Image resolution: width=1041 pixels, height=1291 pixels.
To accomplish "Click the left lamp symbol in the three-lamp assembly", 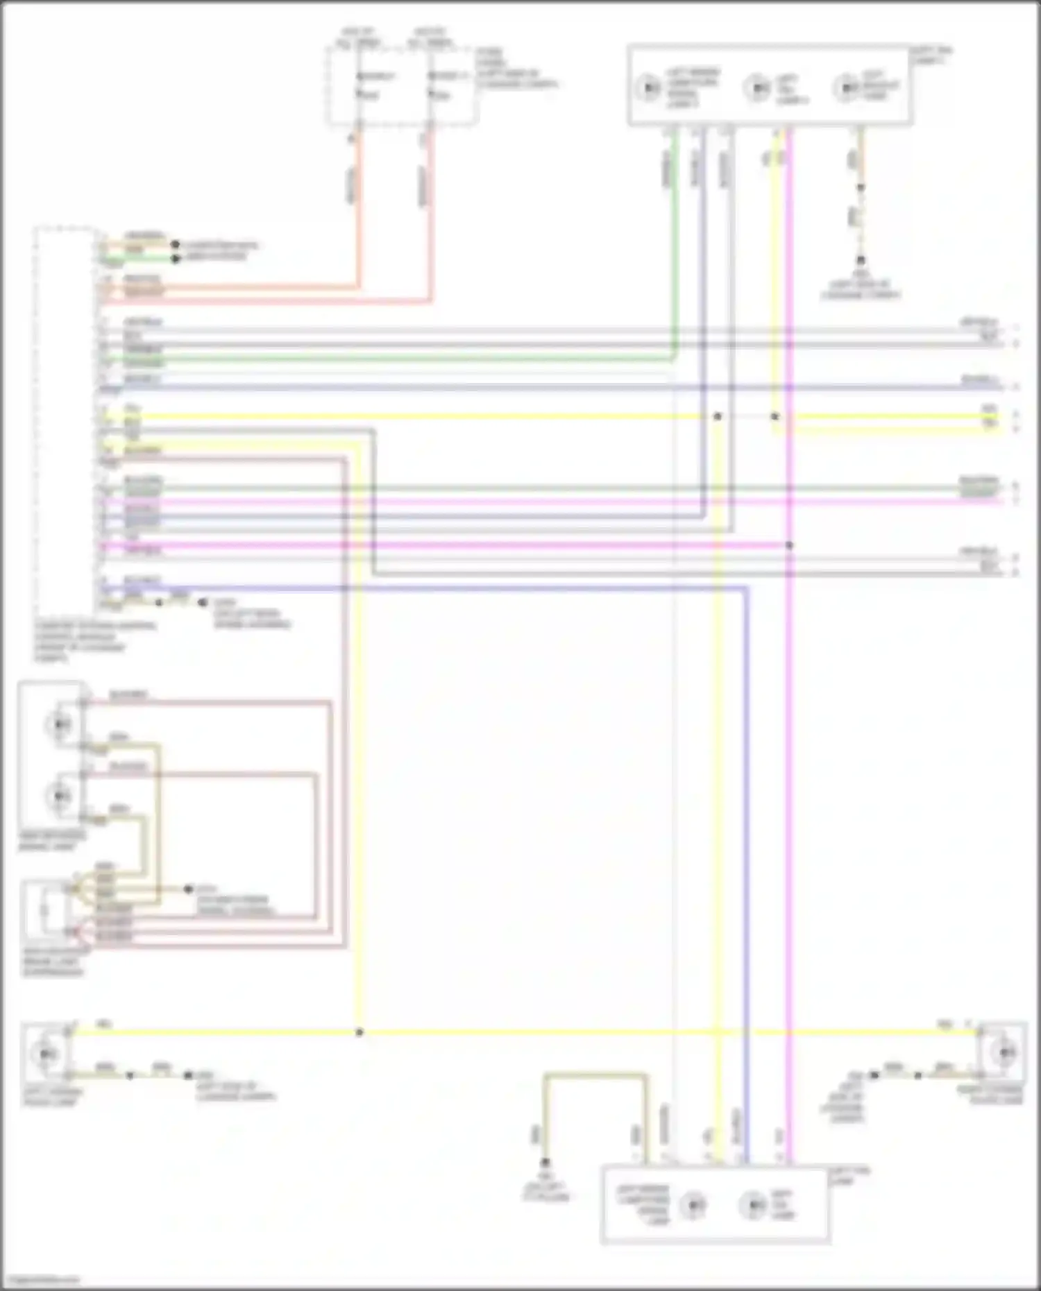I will (x=649, y=88).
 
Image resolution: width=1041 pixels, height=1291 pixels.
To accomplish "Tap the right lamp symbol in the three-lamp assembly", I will (x=846, y=88).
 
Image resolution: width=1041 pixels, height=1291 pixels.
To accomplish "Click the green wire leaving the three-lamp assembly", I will (x=672, y=243).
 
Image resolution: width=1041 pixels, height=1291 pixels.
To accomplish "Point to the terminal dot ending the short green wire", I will (x=176, y=258).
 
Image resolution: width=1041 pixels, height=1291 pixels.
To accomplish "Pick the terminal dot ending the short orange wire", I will (x=176, y=245).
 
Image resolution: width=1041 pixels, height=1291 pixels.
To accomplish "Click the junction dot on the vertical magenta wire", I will (x=789, y=545).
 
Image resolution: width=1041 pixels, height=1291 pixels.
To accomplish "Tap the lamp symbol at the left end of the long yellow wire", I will (x=45, y=1053).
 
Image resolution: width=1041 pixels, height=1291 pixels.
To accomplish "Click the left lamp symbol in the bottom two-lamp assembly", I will (x=693, y=1205).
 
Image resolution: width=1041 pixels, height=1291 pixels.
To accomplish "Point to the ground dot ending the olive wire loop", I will (x=545, y=1162).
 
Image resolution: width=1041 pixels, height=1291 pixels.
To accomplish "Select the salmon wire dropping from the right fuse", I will (x=430, y=208).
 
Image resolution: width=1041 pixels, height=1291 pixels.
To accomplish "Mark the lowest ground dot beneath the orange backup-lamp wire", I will (x=861, y=261).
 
